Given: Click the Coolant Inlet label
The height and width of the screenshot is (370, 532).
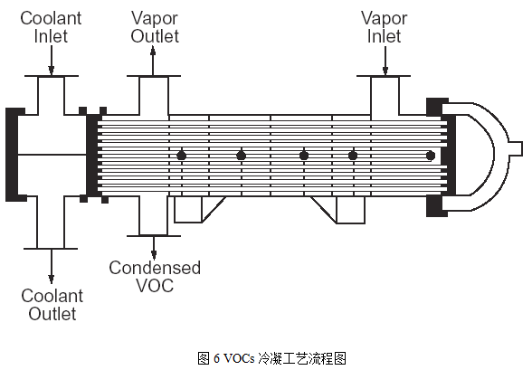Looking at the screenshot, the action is point(51,27).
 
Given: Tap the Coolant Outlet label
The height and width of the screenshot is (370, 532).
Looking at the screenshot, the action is point(52,305).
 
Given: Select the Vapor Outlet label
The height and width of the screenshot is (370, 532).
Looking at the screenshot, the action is point(155,27).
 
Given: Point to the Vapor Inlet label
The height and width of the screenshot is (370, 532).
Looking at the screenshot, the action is point(384,27).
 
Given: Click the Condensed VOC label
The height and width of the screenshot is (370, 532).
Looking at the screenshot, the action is point(155,277).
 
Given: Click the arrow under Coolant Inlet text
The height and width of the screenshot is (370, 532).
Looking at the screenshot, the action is point(52,60).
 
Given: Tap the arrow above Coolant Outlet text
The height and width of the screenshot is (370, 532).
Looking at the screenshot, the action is point(52,267).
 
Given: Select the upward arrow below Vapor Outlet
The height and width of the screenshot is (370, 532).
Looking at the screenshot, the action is point(153,61).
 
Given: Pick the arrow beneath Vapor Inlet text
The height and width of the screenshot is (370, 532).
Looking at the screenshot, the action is point(385,61).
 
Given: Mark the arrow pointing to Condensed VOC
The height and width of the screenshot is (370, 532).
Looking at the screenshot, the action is point(154,248).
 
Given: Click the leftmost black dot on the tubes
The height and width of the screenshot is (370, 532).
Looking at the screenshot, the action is point(182,156).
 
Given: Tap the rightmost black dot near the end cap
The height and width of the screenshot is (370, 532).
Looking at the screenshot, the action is point(431,156).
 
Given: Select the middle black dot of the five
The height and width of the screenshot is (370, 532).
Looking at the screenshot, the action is point(304,156).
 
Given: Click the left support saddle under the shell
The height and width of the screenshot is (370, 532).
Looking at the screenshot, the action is point(198,210).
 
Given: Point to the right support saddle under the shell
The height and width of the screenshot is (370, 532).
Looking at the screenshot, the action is point(339,210).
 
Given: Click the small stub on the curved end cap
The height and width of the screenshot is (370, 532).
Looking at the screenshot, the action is point(516,148).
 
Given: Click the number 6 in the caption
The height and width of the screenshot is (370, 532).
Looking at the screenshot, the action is point(216,358).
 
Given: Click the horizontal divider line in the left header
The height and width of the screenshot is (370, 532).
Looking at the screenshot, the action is point(52,155).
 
